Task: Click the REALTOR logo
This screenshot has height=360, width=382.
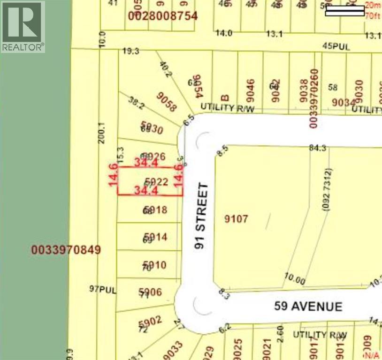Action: coord(23,26)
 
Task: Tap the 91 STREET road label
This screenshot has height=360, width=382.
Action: coord(201,216)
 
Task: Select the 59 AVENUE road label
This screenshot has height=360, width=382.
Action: coord(308,307)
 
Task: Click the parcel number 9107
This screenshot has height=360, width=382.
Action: coord(236,219)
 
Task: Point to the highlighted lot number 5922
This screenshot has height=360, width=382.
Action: coord(157,181)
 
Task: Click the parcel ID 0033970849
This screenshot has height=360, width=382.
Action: coord(66,250)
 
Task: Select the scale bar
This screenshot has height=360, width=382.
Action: coord(344,10)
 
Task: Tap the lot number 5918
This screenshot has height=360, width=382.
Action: coord(156,210)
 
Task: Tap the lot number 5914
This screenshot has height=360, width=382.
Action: coord(156,237)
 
